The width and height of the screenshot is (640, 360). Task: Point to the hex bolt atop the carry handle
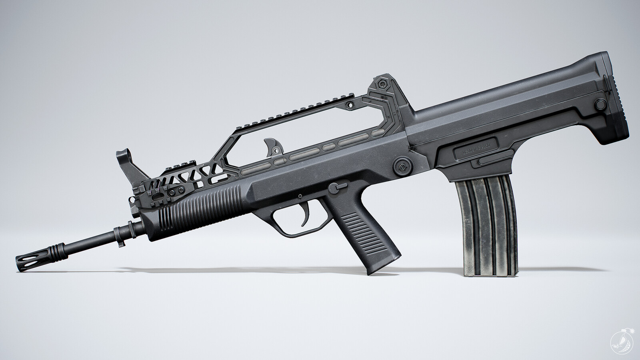click(x=384, y=84)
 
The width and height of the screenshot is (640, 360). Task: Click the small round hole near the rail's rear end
click(x=351, y=104)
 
